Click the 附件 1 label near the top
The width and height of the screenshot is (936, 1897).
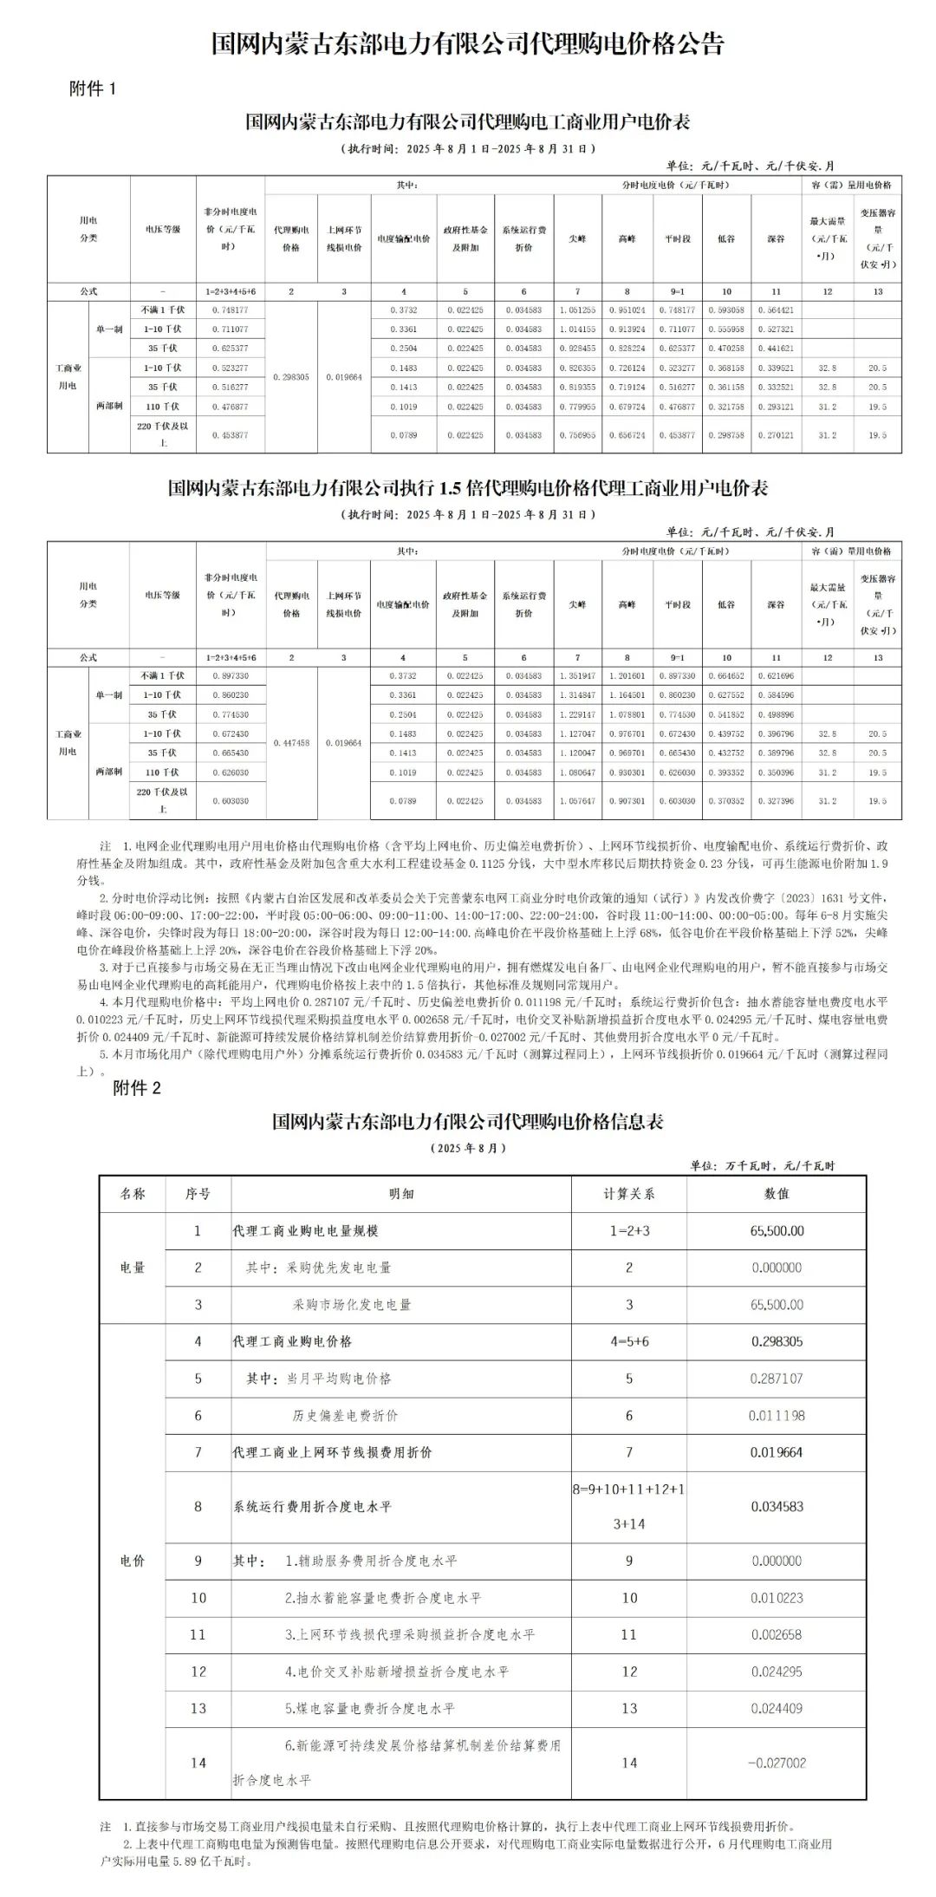[92, 88]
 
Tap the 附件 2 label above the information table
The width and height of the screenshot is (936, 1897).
[137, 1088]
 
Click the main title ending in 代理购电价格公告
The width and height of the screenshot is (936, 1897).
[467, 44]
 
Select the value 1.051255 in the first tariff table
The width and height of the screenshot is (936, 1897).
[577, 310]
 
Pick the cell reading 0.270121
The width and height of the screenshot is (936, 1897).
[776, 435]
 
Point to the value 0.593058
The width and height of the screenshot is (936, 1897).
[726, 310]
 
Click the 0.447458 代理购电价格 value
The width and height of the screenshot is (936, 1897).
[291, 743]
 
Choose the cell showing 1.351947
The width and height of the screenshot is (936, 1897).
[577, 675]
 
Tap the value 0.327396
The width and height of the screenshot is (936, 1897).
[776, 801]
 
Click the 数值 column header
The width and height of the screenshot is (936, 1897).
[777, 1194]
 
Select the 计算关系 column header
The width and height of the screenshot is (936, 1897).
[628, 1194]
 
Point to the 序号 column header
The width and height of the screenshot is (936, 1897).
[198, 1194]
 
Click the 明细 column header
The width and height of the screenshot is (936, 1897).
[400, 1194]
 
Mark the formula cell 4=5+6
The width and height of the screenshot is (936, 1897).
[628, 1341]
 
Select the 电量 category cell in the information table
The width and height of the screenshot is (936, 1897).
[132, 1268]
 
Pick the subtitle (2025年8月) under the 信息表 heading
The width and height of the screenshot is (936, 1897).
[467, 1148]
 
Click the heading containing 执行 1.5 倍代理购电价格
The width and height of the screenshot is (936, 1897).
[467, 488]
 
